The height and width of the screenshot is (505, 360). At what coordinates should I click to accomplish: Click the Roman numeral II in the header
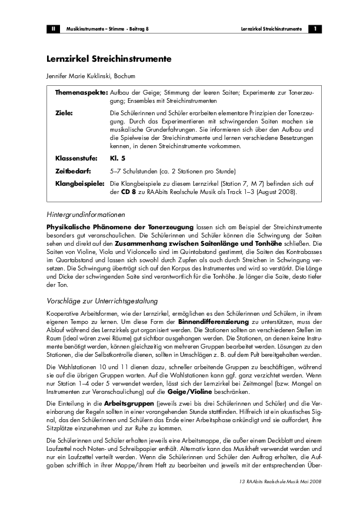pos(52,28)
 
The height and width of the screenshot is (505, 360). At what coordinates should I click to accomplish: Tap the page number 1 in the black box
pos(315,28)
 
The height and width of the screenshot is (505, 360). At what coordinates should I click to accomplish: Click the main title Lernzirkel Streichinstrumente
pos(109,59)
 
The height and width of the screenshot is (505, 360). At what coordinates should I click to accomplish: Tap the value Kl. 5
pos(118,158)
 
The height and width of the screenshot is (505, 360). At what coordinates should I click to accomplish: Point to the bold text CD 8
pos(129,192)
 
